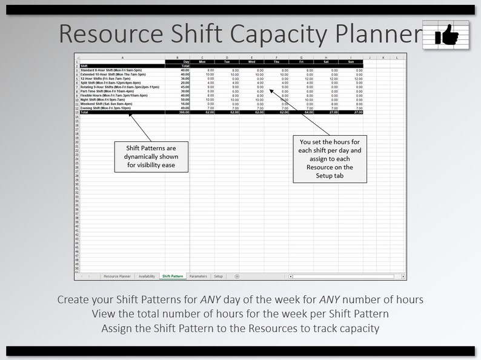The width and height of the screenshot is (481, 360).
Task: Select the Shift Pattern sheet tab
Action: click(173, 276)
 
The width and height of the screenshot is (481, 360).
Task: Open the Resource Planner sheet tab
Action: click(117, 276)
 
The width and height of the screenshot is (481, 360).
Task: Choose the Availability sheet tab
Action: click(147, 276)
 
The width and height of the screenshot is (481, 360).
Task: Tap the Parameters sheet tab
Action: click(198, 276)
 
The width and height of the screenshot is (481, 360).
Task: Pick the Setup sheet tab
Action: click(218, 276)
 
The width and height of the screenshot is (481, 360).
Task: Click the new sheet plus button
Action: click(236, 276)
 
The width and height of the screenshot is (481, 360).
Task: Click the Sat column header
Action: click(326, 62)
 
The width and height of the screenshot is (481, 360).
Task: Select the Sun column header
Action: click(351, 62)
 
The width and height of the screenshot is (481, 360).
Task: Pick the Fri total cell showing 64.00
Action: click(302, 112)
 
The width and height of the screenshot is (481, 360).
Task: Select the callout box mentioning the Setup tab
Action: click(330, 158)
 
